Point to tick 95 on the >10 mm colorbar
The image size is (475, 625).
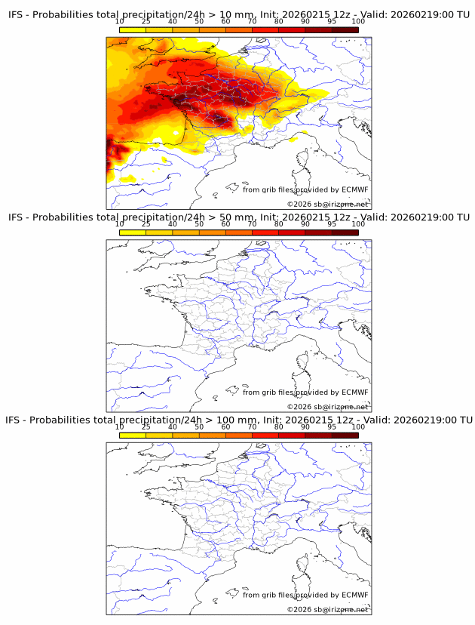pyautogui.click(x=332, y=22)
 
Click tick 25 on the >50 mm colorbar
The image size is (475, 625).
pyautogui.click(x=146, y=224)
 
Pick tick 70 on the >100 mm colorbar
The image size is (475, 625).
pyautogui.click(x=253, y=426)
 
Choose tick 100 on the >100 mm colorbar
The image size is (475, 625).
pyautogui.click(x=358, y=426)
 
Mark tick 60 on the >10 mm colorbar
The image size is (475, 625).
pyautogui.click(x=225, y=22)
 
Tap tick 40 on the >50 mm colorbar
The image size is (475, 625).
pyautogui.click(x=173, y=224)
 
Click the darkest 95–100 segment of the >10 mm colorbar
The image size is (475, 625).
pyautogui.click(x=345, y=29)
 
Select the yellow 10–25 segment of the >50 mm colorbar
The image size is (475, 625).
pyautogui.click(x=133, y=232)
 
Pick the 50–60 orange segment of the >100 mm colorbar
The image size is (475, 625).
pyautogui.click(x=212, y=435)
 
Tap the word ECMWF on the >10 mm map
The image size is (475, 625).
pyautogui.click(x=354, y=189)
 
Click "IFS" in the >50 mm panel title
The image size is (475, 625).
pyautogui.click(x=17, y=217)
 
